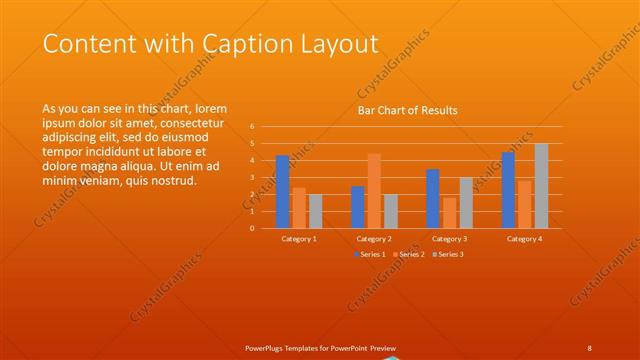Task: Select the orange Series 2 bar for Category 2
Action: [374, 191]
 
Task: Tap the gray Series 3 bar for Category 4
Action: [541, 186]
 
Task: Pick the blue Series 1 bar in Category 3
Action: [432, 199]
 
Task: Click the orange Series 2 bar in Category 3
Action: [449, 213]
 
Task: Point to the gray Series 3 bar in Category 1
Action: [316, 211]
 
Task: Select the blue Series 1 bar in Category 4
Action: [508, 190]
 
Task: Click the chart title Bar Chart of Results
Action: [408, 111]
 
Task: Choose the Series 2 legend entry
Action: [408, 254]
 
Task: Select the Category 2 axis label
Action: [374, 239]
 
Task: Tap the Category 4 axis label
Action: [524, 239]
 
